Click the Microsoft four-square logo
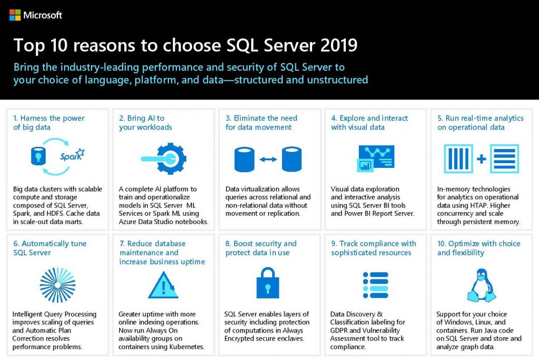(x=15, y=15)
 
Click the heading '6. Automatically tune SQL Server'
(x=49, y=248)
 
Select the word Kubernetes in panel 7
(x=185, y=347)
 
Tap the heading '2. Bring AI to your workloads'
(x=145, y=123)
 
